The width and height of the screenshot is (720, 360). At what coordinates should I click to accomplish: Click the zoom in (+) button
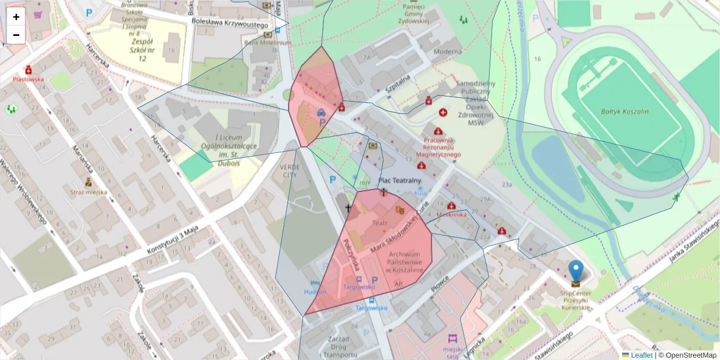[16, 17]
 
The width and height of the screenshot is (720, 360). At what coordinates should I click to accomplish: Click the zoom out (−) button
[16, 35]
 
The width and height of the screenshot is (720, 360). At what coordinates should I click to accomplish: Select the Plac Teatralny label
[400, 180]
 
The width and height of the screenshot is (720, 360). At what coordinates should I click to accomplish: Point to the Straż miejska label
[89, 192]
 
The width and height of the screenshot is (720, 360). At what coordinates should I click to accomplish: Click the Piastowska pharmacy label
[29, 79]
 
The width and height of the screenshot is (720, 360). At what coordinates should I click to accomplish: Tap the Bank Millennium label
[260, 43]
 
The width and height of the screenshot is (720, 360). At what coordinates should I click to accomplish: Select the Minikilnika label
[452, 214]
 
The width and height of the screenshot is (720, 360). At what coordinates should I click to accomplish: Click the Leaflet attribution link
[641, 355]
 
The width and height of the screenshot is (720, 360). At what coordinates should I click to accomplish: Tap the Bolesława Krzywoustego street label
[230, 21]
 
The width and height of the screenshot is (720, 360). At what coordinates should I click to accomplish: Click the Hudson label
[315, 291]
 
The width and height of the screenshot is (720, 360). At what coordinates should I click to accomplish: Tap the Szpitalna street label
[397, 81]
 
